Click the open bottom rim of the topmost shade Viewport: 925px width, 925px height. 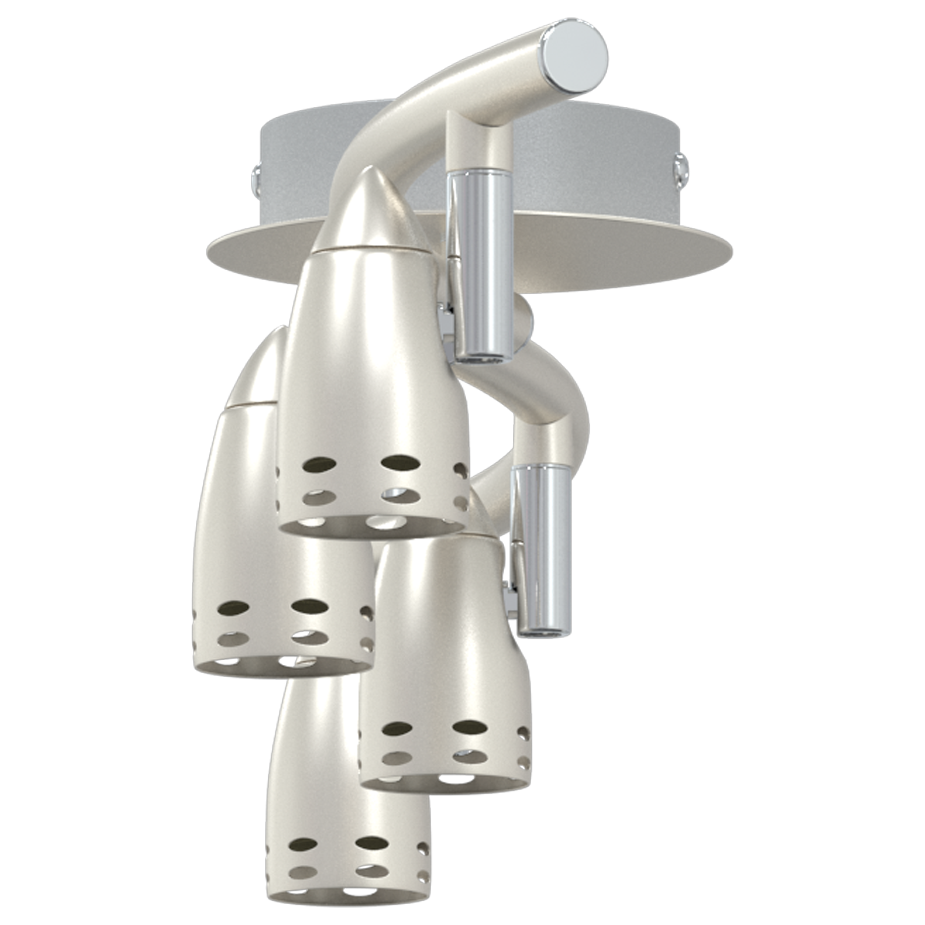tap(370, 526)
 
